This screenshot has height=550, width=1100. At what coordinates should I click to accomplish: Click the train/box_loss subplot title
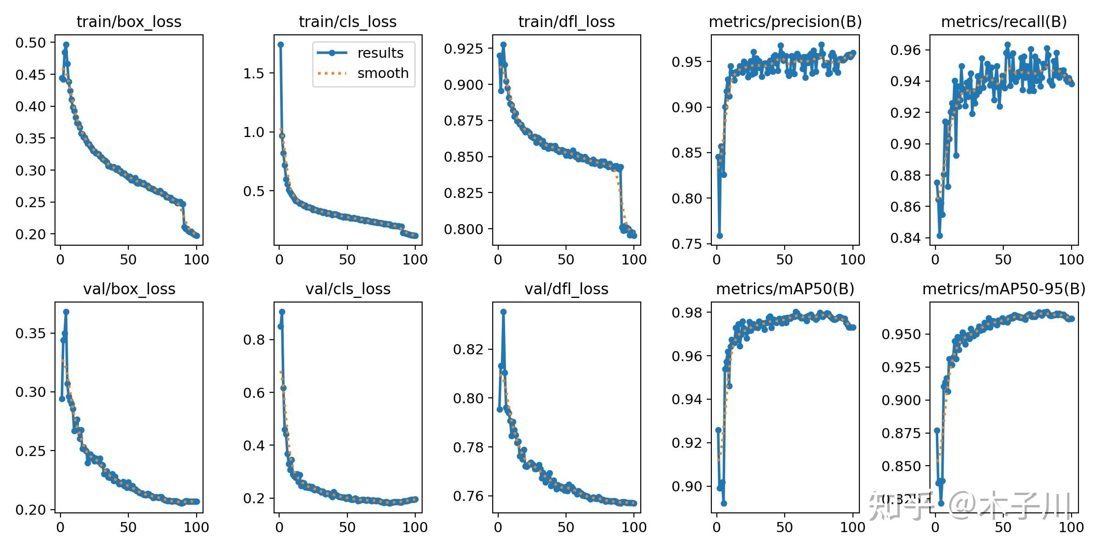pos(129,22)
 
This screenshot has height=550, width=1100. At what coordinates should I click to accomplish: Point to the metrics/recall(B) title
pos(1004,22)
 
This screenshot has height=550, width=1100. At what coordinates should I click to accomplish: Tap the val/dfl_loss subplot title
pos(566,289)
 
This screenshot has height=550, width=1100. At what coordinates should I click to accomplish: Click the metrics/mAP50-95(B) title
pos(1004,289)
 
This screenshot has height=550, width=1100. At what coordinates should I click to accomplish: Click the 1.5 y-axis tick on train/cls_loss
pos(254,73)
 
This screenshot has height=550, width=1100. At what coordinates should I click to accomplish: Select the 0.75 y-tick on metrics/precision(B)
pos(687,244)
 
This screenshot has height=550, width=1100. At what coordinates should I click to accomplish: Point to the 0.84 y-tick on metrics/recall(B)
pos(905,238)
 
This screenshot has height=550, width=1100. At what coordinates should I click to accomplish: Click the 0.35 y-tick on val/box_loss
pos(31,333)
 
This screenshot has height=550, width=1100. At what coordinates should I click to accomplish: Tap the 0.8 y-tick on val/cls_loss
pos(254,340)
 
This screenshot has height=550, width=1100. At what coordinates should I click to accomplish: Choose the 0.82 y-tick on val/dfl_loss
pos(468,349)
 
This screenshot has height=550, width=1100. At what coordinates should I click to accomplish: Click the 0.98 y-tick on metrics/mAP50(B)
pos(687,313)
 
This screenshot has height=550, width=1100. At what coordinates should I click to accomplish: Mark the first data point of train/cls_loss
pos(280,44)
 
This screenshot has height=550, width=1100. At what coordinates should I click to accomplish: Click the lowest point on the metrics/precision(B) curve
pos(720,236)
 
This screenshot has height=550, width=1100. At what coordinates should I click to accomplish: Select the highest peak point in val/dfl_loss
pos(503,312)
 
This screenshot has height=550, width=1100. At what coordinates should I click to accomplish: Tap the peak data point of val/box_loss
pos(66,312)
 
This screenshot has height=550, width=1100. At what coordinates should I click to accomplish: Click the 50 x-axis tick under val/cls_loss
pos(347,527)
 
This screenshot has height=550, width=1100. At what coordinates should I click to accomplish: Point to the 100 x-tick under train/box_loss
pos(196,260)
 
